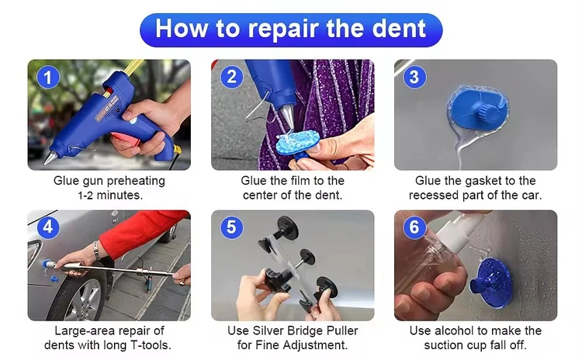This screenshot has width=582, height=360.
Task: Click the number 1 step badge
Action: pos(48,78)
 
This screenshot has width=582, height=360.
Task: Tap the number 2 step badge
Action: pos(231,77)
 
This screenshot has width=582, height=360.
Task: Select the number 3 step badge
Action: pos(414,77)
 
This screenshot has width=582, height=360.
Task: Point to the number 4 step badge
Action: pos(48,227)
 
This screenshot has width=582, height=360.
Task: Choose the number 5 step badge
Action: pos(231,227)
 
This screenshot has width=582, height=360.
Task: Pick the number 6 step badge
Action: pos(414,227)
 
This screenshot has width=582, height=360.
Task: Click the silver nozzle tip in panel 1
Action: pos(50,157)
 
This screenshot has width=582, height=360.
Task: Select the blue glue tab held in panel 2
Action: pos(298,142)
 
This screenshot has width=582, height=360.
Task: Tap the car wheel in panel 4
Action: pos(81,296)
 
